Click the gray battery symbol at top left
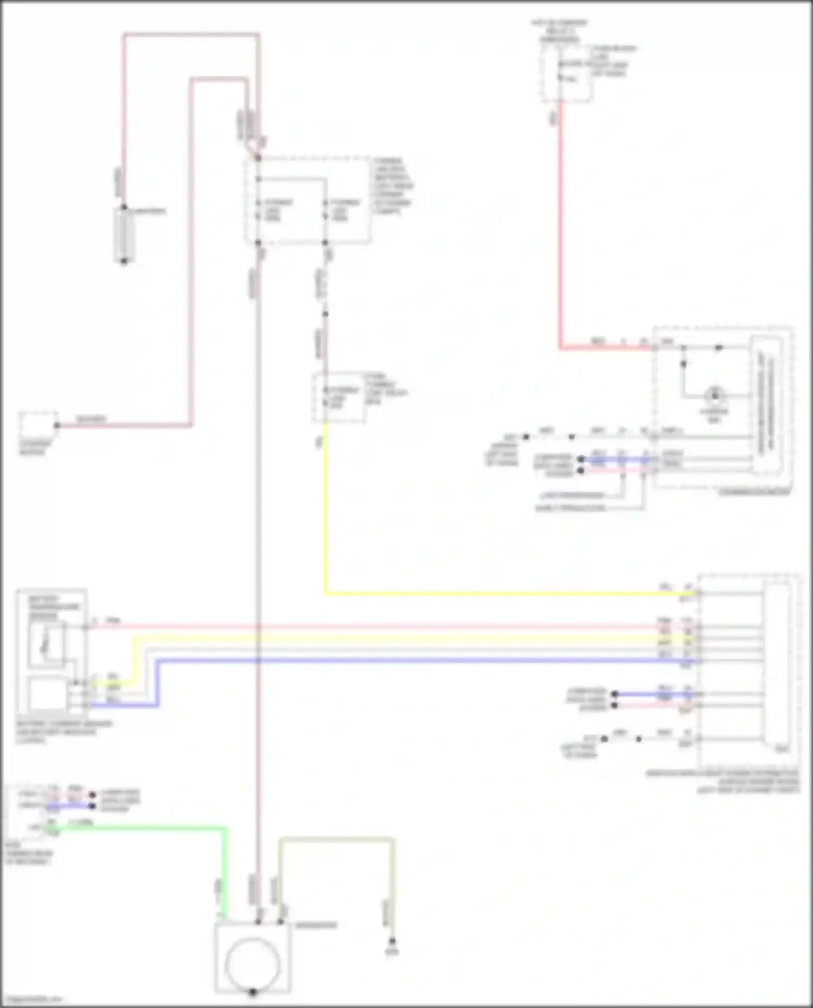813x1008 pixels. tap(124, 234)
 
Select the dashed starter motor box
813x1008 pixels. tap(38, 427)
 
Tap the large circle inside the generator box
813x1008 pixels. tap(253, 964)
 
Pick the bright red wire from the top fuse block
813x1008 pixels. tap(560, 227)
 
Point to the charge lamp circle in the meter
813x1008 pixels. tap(715, 395)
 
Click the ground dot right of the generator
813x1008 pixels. tap(392, 941)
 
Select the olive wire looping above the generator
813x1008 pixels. tap(336, 840)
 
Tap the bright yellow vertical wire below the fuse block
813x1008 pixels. tap(325, 515)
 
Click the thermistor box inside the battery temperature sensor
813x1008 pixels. tap(47, 643)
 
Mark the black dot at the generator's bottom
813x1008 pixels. tap(253, 992)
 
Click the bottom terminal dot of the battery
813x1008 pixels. tap(124, 262)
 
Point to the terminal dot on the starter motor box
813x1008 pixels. tap(57, 425)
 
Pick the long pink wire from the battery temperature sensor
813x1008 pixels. tap(379, 627)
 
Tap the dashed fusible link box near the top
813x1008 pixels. tap(308, 201)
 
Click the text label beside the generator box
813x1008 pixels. tap(316, 925)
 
